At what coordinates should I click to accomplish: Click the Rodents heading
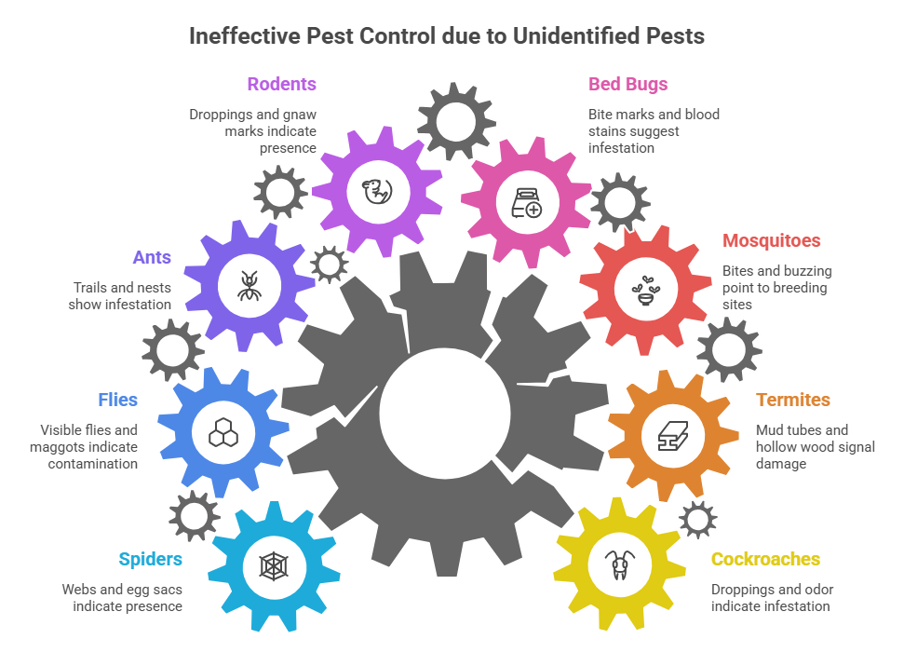[281, 85]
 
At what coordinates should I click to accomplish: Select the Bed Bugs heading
[627, 85]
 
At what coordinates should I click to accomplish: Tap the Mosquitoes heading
[772, 240]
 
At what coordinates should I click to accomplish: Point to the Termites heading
[793, 401]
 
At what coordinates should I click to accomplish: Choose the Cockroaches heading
[765, 559]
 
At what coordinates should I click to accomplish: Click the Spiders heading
[150, 559]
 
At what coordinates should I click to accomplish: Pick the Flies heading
[117, 401]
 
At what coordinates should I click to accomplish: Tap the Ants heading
[151, 257]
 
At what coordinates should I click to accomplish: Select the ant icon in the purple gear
[250, 285]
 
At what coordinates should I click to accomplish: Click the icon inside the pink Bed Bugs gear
[524, 201]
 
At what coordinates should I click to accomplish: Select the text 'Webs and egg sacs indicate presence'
[122, 598]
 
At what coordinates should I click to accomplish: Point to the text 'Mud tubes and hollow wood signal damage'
[815, 446]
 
